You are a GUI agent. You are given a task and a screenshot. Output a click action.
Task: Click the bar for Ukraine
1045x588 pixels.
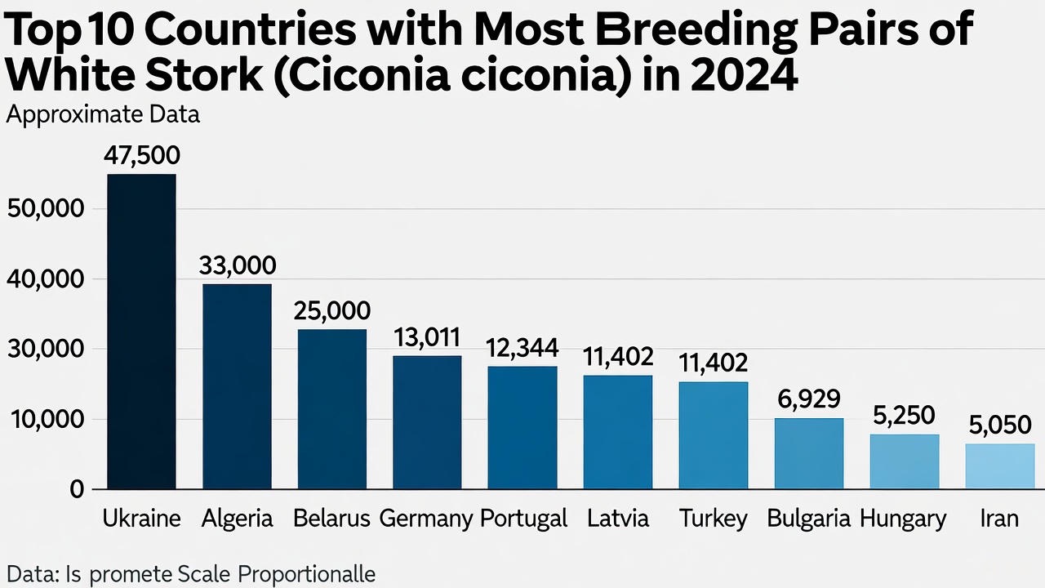(141, 332)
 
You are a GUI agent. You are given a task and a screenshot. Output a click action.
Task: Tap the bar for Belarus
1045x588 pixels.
(331, 409)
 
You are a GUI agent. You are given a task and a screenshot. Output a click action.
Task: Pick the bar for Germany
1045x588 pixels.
(427, 422)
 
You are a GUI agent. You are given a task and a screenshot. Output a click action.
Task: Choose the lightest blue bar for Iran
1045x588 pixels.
(999, 466)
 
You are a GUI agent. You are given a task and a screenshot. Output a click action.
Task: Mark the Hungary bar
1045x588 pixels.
(905, 461)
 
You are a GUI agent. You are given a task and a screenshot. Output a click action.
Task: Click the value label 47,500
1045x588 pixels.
(142, 156)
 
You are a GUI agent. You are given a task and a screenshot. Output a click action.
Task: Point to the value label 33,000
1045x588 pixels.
(238, 265)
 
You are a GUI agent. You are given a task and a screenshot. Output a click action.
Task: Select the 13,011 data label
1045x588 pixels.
(427, 337)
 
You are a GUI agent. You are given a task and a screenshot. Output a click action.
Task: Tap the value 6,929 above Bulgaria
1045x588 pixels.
(809, 400)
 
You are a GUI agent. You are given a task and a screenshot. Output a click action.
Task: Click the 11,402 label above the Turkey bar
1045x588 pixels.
(714, 363)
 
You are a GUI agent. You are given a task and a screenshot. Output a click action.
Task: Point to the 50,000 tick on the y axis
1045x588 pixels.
(45, 209)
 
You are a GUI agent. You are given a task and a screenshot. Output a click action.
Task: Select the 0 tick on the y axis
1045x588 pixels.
(77, 489)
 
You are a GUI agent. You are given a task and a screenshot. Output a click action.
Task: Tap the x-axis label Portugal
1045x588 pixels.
(523, 519)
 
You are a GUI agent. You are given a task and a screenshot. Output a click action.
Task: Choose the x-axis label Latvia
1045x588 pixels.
(618, 519)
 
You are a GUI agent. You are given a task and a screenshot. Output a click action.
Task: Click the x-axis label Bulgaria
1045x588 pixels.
(809, 519)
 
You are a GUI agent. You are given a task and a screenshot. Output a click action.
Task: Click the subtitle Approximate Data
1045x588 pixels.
(103, 115)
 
